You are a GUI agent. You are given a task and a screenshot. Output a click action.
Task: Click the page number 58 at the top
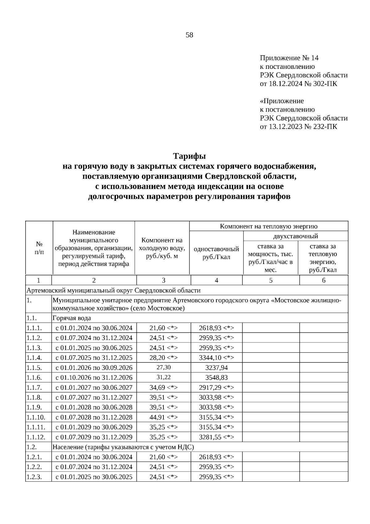(189, 35)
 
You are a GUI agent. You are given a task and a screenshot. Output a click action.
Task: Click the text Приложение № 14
(289, 58)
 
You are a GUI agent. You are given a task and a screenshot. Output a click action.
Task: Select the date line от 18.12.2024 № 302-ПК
(298, 84)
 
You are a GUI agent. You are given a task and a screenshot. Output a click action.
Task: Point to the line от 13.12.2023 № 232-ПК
(298, 127)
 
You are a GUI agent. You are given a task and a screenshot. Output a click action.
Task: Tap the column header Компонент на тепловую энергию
(269, 226)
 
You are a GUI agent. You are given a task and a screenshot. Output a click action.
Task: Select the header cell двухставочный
(295, 236)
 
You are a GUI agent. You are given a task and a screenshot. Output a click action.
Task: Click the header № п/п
(39, 248)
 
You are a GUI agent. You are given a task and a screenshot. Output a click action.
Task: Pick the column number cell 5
(271, 280)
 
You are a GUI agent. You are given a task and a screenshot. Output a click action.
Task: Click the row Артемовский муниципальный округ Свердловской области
(113, 291)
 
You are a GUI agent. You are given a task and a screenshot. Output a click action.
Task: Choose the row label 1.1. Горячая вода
(72, 318)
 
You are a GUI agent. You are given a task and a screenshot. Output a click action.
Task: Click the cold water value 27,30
(163, 367)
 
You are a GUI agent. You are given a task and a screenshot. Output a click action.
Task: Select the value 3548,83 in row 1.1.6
(216, 378)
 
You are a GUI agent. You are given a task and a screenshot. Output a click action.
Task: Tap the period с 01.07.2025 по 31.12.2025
(94, 358)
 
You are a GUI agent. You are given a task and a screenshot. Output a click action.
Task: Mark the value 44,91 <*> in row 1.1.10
(163, 417)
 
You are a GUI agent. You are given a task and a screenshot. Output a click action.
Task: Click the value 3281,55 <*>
(216, 437)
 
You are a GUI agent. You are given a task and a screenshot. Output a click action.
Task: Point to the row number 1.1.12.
(36, 437)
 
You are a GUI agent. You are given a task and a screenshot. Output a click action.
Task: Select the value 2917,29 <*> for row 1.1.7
(216, 388)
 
